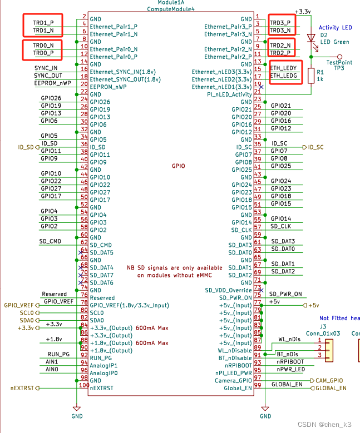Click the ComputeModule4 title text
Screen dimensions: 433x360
click(171, 9)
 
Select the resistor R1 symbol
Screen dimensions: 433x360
click(311, 76)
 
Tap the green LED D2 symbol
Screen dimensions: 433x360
click(311, 38)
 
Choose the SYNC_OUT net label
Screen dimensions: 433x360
click(48, 76)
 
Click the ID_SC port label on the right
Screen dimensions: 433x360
click(315, 147)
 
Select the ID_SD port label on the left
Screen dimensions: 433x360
click(26, 147)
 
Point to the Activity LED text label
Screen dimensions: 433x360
click(335, 28)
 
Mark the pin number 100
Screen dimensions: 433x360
click(84, 385)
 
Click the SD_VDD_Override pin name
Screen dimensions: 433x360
click(228, 290)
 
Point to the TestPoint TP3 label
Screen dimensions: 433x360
click(340, 66)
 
